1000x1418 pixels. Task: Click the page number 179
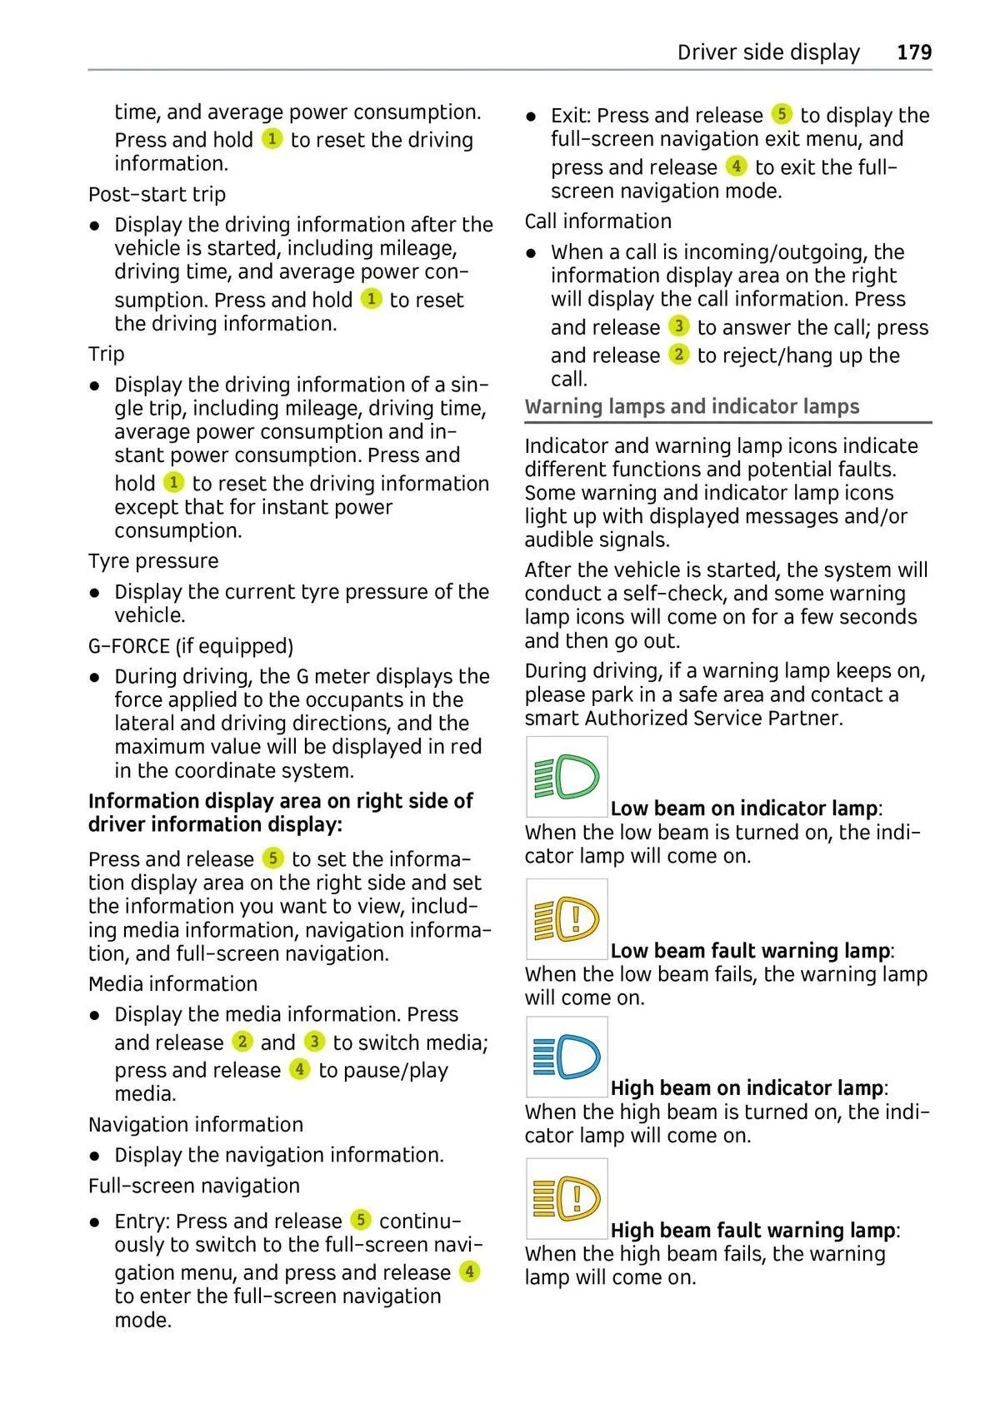(913, 52)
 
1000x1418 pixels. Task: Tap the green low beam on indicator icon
(567, 777)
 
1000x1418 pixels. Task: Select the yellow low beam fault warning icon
(567, 918)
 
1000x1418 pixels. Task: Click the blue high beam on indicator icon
(567, 1057)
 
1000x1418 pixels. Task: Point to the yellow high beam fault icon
(567, 1198)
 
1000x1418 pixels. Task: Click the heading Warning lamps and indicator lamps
(692, 406)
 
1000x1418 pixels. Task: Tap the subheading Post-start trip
(157, 194)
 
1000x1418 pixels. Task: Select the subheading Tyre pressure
(153, 561)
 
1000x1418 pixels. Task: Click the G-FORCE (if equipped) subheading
(191, 646)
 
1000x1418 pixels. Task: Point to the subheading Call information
(597, 221)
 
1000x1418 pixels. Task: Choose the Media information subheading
(172, 984)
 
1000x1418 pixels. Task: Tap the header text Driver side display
(767, 52)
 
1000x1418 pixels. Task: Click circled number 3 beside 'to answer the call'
(679, 326)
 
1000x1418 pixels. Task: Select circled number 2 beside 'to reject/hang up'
(679, 354)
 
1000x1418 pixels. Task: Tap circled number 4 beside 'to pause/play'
(300, 1068)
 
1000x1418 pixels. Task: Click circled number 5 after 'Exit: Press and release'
(781, 113)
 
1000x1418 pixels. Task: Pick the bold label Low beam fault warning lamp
(750, 951)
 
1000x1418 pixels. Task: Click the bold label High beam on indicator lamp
(747, 1088)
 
